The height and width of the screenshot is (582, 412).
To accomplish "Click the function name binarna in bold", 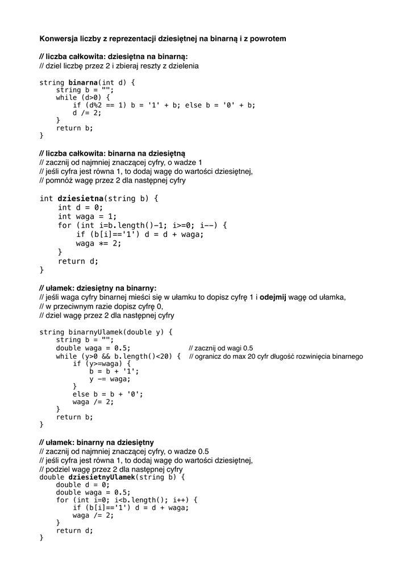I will [x=83, y=82].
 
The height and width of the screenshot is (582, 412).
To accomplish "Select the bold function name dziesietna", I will [x=80, y=198].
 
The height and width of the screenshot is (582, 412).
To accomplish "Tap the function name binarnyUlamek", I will [x=93, y=332].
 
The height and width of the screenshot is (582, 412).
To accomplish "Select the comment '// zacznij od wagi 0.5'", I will [x=220, y=348].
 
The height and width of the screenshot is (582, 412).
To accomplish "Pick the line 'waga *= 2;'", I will [x=98, y=243].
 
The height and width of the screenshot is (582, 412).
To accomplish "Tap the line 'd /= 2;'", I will [x=86, y=113].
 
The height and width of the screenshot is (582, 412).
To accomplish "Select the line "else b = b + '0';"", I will [x=107, y=394].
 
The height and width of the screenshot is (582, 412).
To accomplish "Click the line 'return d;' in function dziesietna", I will [x=78, y=261].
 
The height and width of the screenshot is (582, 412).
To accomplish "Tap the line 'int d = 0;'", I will [x=80, y=207].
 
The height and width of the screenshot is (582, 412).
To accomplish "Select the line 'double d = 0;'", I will [x=82, y=485].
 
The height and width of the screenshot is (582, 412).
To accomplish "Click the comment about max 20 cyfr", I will [x=276, y=357].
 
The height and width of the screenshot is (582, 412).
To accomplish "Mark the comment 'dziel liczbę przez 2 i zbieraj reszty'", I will [x=119, y=66].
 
